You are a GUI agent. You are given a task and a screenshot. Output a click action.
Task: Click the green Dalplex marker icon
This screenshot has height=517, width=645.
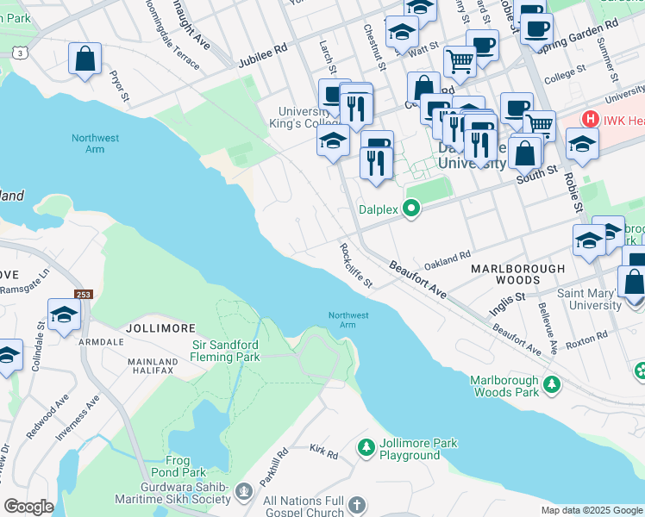pyautogui.click(x=411, y=209)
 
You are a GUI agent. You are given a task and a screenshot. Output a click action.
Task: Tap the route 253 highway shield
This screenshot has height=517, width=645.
pyautogui.click(x=82, y=295)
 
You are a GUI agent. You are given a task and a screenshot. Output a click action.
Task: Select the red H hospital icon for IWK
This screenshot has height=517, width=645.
pyautogui.click(x=591, y=119)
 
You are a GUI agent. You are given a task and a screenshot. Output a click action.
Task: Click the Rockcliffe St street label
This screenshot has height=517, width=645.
pyautogui.click(x=355, y=265)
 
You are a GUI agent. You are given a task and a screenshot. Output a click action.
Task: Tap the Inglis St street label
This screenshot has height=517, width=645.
pyautogui.click(x=507, y=298)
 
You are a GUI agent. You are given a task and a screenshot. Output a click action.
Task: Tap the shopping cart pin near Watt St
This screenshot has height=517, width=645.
pyautogui.click(x=460, y=60)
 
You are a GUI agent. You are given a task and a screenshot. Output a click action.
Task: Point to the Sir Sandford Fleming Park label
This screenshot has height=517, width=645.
pyautogui.click(x=225, y=351)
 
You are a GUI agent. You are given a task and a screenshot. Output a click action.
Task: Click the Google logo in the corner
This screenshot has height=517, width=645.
pyautogui.click(x=29, y=507)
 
